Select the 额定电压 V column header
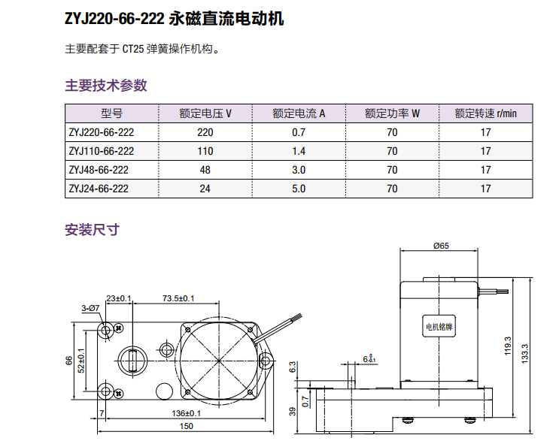205,114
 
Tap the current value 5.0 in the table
299,189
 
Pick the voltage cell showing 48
205,170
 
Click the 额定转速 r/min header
485,114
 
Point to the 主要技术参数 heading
106,85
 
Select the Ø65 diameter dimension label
442,246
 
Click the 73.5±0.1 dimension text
178,298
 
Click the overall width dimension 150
186,426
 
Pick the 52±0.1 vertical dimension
81,361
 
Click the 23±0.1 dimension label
119,298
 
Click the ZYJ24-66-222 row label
99,189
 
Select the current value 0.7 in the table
299,132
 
